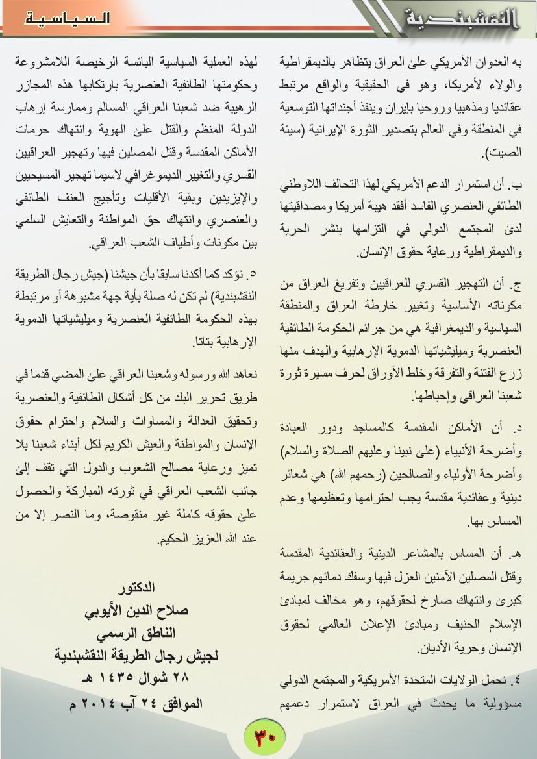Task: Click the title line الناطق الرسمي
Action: click(136, 633)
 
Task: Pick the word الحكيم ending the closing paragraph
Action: click(169, 538)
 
